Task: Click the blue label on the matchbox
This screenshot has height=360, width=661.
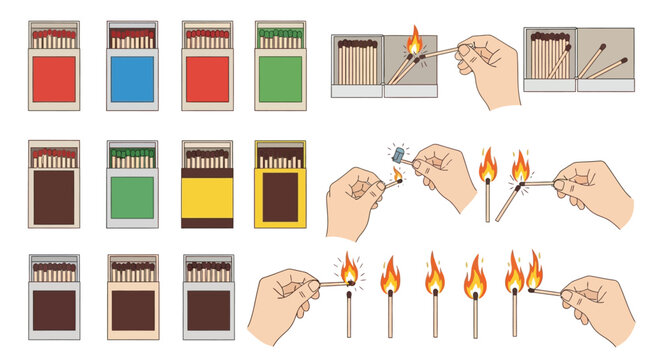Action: click(131, 79)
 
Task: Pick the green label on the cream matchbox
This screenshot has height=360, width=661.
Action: click(280, 79)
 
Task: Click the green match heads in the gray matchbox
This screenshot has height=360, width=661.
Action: click(131, 158)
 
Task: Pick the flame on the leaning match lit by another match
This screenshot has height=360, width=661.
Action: click(519, 166)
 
